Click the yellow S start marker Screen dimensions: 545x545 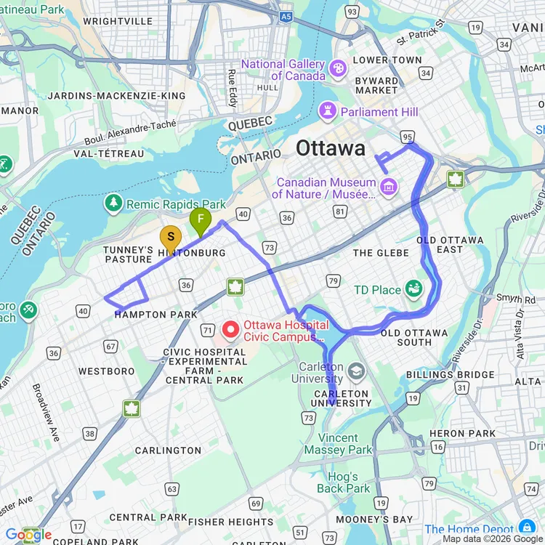(170, 238)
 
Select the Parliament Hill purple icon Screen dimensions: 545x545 (329, 112)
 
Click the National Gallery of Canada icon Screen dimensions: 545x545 (338, 69)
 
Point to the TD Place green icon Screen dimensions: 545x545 (414, 289)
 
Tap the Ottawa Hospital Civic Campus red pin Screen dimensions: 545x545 (230, 331)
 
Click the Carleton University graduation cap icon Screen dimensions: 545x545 (356, 372)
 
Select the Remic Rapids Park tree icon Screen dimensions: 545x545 (113, 203)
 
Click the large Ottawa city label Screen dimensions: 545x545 (331, 148)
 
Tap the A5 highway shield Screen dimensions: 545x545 (286, 15)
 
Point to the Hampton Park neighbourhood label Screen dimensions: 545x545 (156, 314)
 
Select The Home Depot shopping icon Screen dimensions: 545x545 (527, 528)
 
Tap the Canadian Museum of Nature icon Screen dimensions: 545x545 (388, 187)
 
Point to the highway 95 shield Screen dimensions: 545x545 (407, 136)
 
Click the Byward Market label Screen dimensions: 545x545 (376, 85)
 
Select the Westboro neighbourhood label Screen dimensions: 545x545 (106, 371)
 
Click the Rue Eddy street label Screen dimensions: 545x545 (233, 87)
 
